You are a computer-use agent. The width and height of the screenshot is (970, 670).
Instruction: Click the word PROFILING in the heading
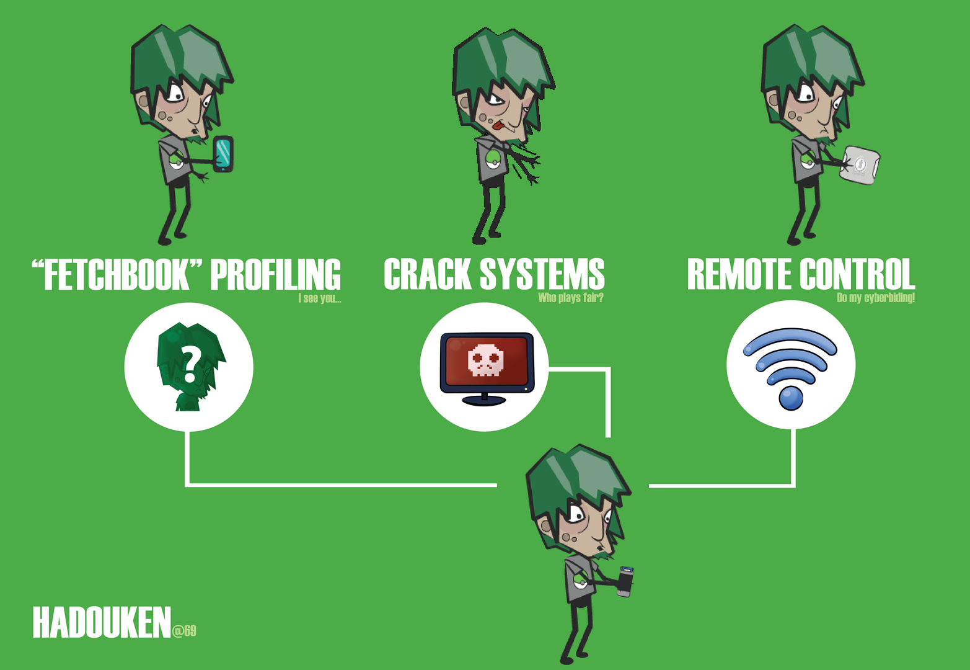275,275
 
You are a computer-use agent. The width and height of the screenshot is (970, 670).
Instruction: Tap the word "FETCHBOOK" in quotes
117,275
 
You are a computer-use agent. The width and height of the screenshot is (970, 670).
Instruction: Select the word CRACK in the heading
427,275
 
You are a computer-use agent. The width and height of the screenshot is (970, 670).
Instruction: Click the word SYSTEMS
542,275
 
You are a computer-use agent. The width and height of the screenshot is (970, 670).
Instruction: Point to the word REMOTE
738,275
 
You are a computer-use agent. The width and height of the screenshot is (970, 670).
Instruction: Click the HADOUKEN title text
101,623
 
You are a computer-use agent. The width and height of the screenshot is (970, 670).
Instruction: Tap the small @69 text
184,631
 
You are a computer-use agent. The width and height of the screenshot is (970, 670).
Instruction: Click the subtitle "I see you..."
319,298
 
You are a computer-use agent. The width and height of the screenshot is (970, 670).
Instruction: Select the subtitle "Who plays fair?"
570,298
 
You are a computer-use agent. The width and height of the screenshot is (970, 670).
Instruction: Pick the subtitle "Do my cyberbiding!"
875,298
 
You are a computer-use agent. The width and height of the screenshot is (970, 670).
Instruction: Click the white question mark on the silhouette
191,365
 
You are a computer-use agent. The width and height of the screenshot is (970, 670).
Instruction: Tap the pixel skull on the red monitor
485,360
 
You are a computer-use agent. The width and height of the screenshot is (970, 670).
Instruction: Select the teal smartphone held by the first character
223,153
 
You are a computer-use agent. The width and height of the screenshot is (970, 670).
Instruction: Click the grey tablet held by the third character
860,164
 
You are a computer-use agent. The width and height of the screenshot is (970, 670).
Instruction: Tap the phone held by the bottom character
625,581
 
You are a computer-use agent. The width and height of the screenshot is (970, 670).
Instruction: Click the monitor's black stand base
484,400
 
